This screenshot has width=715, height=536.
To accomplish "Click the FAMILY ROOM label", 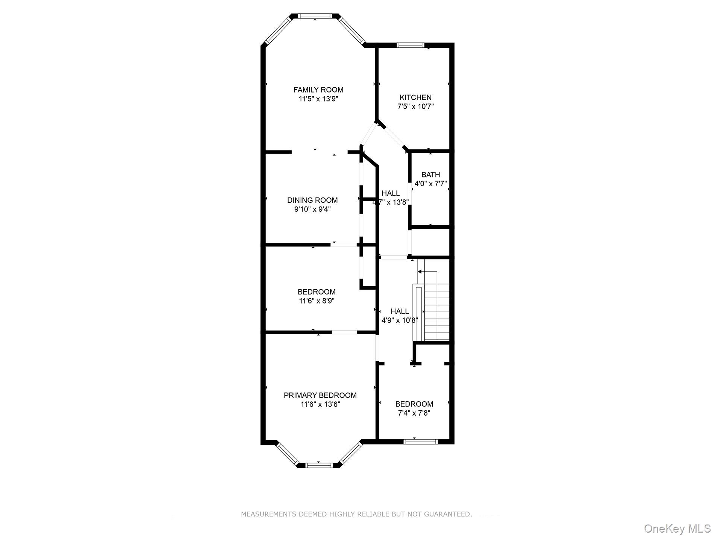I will pyautogui.click(x=318, y=90).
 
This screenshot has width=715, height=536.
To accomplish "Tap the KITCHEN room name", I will pyautogui.click(x=415, y=97).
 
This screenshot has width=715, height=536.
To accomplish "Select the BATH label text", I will pyautogui.click(x=431, y=175).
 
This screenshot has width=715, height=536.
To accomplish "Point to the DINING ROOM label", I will pyautogui.click(x=312, y=200).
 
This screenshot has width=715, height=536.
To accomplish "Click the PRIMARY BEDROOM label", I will pyautogui.click(x=320, y=395).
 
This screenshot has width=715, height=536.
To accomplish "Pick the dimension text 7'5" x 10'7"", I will pyautogui.click(x=415, y=106).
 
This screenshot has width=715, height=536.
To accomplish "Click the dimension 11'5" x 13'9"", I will pyautogui.click(x=318, y=99).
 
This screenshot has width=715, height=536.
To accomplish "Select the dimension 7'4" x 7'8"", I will pyautogui.click(x=414, y=413).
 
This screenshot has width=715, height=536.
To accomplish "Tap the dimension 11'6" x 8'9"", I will pyautogui.click(x=316, y=301).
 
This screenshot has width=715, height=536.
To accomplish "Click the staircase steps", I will pyautogui.click(x=437, y=312).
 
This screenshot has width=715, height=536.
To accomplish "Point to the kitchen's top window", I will pyautogui.click(x=411, y=45).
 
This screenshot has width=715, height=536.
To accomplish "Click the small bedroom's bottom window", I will pyautogui.click(x=420, y=442).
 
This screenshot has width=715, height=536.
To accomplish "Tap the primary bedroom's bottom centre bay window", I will pyautogui.click(x=319, y=465).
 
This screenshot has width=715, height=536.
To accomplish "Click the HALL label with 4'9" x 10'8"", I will pyautogui.click(x=400, y=311).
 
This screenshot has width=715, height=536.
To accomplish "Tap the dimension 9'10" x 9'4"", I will pyautogui.click(x=312, y=209).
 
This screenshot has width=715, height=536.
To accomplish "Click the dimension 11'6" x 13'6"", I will pyautogui.click(x=320, y=404).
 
